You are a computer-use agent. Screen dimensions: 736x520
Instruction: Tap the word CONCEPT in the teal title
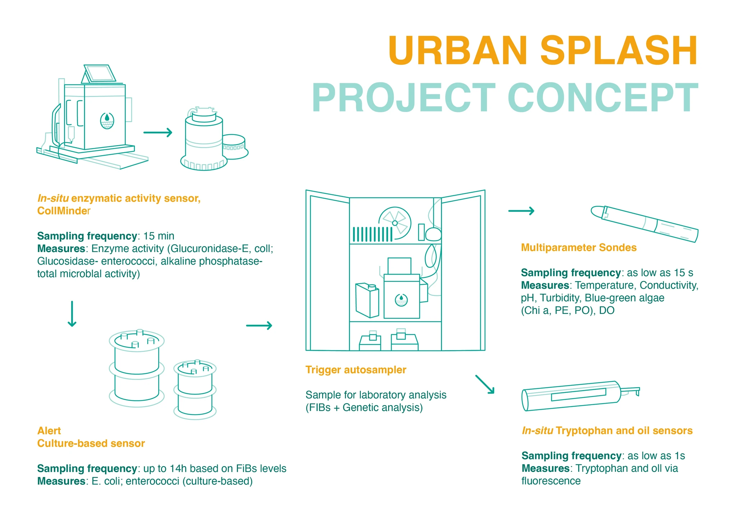coord(603,98)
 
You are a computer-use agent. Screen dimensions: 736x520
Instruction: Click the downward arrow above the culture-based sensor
coord(72,314)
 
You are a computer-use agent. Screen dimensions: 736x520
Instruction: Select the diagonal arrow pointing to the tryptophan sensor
coord(485,385)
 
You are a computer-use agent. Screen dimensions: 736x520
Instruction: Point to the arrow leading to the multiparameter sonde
coord(521,211)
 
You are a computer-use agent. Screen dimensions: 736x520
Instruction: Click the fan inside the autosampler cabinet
coord(395,223)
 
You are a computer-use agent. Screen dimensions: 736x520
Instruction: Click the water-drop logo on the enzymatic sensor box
coord(107,121)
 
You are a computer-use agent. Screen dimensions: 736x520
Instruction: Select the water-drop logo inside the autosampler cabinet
coord(401,300)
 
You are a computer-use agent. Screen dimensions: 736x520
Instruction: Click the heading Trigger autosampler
coord(356,370)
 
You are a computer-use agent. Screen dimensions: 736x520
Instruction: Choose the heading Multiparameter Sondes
coord(579,247)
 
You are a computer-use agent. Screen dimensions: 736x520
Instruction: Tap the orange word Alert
coord(49,431)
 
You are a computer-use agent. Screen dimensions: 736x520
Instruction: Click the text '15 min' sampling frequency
coord(158,236)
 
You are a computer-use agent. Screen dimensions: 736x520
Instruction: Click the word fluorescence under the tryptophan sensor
coord(551,481)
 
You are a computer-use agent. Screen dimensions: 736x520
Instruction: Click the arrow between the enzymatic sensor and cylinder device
coord(158,133)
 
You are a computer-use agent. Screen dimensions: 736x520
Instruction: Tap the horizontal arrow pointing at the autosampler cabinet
coord(259,326)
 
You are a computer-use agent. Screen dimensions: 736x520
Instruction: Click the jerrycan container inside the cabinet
coord(367,301)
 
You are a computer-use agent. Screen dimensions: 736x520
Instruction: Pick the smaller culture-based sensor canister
coord(195,390)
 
